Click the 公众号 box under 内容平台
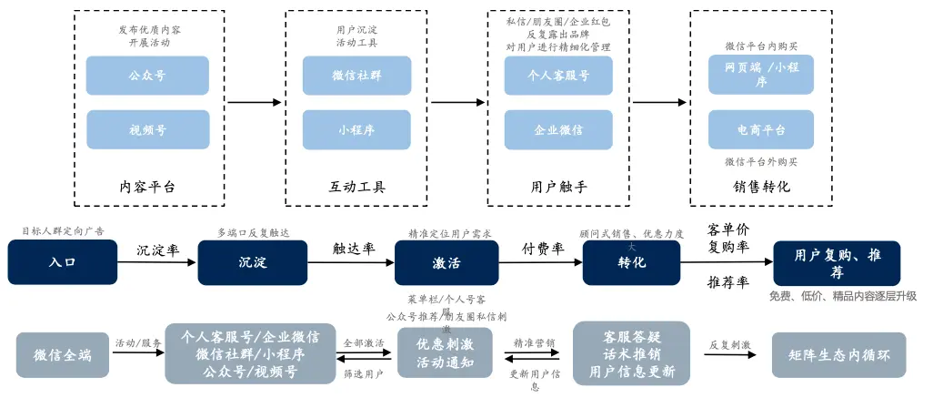pos(147,76)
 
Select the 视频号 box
pos(147,129)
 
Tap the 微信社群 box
pos(357,76)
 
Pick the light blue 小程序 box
pos(357,129)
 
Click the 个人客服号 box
pos(558,76)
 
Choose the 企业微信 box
pos(558,129)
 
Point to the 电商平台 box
pos(761,129)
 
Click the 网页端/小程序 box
pos(761,75)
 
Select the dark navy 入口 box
pos(62,262)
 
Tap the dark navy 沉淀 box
pos(252,262)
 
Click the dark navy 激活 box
pos(446,262)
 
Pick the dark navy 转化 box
pos(632,262)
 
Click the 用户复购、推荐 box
pos(837,262)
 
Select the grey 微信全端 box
pos(62,354)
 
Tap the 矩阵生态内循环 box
pos(838,354)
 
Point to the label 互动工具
pos(357,187)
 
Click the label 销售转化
pos(761,187)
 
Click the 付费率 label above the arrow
pos(542,249)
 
